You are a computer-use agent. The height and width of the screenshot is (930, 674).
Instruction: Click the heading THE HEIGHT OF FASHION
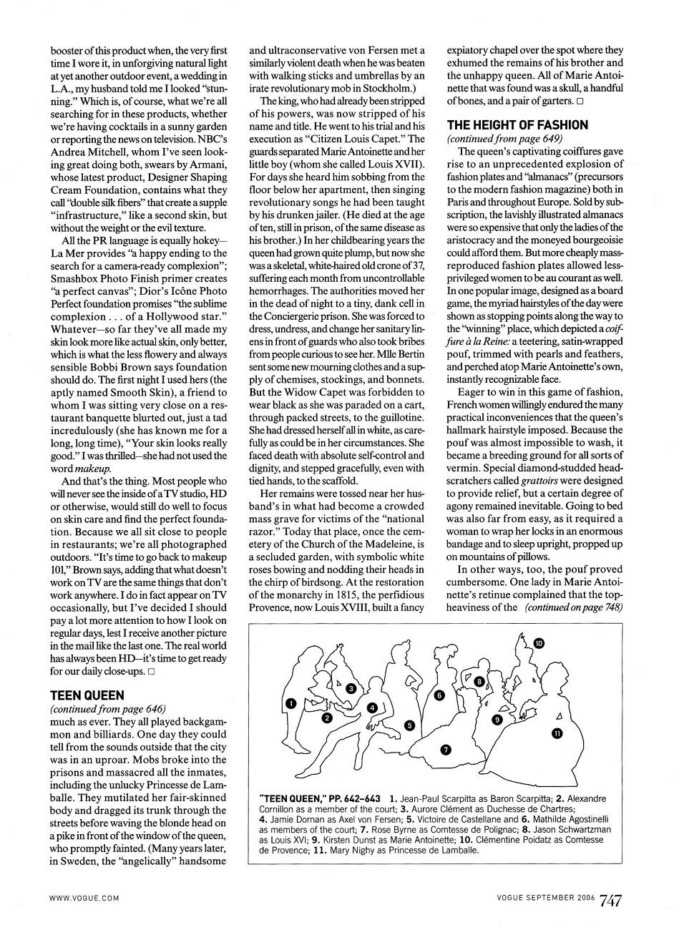tap(517, 124)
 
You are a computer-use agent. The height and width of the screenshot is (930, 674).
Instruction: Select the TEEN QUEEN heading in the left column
tap(87, 695)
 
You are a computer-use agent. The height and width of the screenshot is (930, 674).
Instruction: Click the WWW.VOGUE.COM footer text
tap(84, 897)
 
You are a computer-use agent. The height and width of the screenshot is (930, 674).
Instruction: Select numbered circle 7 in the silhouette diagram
tap(445, 750)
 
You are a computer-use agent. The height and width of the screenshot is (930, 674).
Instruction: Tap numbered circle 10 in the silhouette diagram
tap(539, 643)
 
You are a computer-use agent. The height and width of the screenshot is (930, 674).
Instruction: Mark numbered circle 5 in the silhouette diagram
tap(409, 725)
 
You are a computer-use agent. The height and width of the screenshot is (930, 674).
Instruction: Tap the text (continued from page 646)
tap(107, 708)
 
